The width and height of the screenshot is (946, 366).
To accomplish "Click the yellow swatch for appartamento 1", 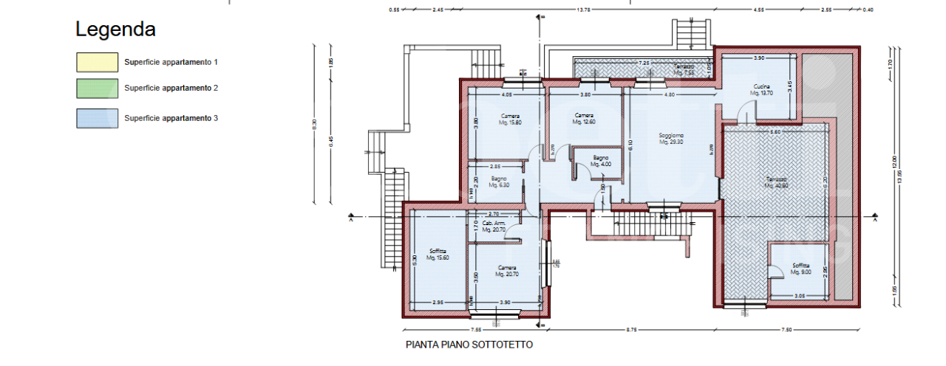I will (x=97, y=62).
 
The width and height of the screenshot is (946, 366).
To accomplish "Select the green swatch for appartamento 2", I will (x=97, y=89).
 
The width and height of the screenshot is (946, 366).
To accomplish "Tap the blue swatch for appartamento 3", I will (x=97, y=118).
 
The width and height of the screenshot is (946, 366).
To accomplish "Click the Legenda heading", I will (x=115, y=30).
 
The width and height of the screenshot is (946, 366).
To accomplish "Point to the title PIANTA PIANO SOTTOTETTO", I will (x=469, y=345).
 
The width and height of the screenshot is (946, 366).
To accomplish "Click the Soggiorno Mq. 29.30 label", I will (x=671, y=139).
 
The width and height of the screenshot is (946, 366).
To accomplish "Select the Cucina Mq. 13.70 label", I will (x=761, y=90).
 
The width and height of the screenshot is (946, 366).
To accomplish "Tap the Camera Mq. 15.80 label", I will (x=510, y=120).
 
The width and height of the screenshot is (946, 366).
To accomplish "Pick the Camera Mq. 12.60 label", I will (x=584, y=119).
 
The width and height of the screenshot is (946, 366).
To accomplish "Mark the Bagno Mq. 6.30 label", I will (x=498, y=182).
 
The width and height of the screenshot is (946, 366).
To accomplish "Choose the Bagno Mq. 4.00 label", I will (x=600, y=161).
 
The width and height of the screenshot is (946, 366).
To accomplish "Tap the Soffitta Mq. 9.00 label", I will (x=801, y=269).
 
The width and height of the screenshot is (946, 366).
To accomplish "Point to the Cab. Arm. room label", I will (x=493, y=227).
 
